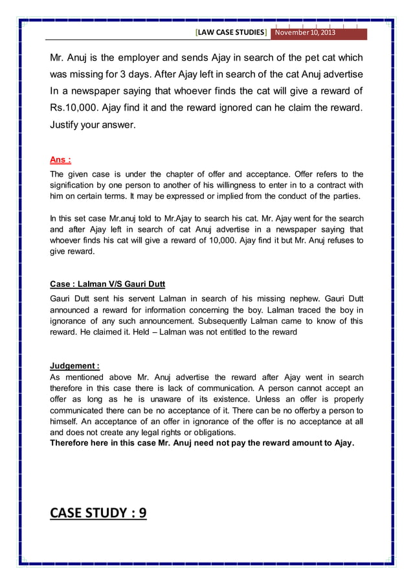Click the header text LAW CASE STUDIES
pyautogui.click(x=231, y=32)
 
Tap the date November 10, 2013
pyautogui.click(x=304, y=32)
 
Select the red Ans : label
pyautogui.click(x=61, y=160)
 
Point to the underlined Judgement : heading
pyautogui.click(x=74, y=365)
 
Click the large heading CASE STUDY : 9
pyautogui.click(x=98, y=513)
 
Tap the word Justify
pyautogui.click(x=67, y=124)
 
